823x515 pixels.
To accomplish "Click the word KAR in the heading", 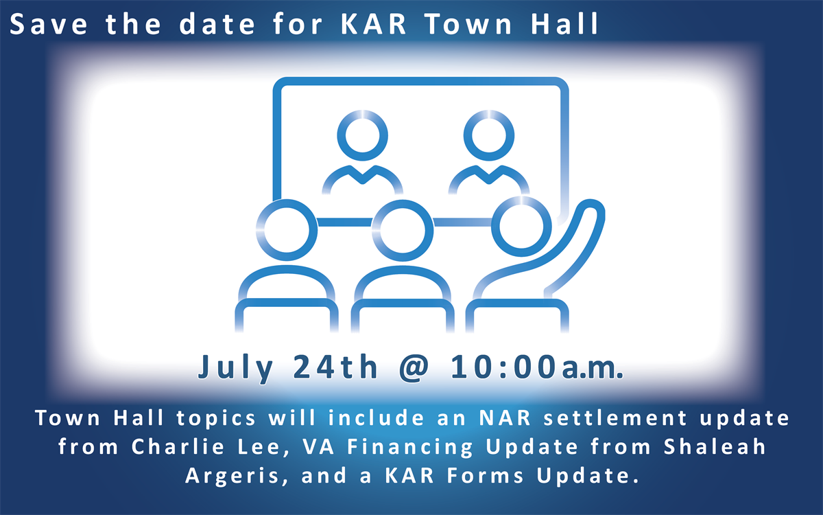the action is [373, 24].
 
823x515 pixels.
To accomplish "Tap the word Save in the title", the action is [49, 24].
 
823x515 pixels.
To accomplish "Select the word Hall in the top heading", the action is [564, 23].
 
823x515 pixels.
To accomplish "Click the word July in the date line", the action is [235, 368].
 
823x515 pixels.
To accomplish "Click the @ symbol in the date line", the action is [414, 368].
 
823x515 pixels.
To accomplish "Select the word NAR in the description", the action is [505, 418].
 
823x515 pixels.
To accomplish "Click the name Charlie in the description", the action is [178, 446].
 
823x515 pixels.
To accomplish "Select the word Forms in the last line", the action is [486, 476].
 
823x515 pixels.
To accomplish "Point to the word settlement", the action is [615, 418].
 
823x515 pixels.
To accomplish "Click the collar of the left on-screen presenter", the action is [363, 175].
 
